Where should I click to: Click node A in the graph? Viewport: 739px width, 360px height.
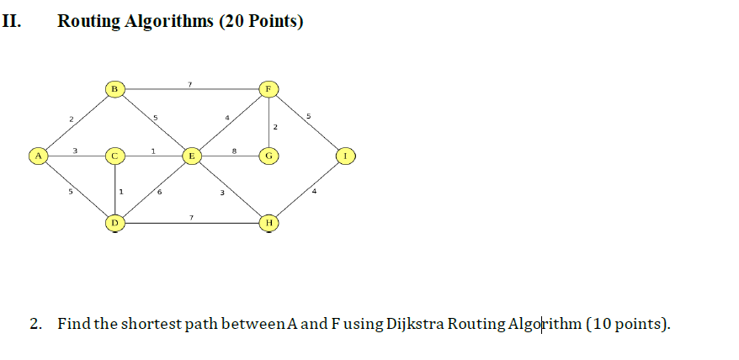37,156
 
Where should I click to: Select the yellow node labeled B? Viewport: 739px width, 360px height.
115,87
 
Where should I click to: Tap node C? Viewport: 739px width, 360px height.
115,156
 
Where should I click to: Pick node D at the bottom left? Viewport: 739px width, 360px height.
115,223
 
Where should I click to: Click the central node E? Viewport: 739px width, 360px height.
192,156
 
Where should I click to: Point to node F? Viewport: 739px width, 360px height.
268,87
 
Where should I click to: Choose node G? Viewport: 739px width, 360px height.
268,156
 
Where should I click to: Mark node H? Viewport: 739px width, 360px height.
268,223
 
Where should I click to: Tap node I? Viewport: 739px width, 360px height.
345,156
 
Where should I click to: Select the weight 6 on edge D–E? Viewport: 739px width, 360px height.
160,193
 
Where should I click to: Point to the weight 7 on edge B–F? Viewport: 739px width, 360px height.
191,83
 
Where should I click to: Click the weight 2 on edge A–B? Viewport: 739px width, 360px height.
72,119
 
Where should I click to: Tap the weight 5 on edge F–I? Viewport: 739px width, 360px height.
309,115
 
